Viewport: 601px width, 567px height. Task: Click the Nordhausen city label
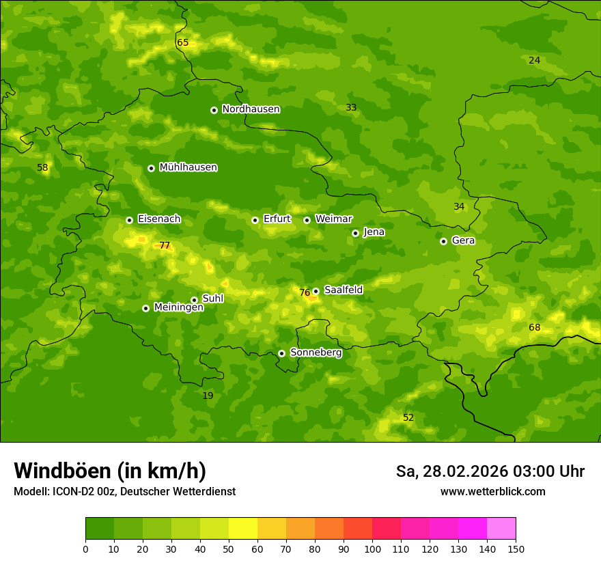tap(251, 109)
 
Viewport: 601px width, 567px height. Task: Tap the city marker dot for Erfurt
tap(255, 220)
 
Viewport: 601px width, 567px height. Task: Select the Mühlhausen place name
tap(188, 167)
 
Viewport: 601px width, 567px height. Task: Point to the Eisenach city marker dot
tap(129, 220)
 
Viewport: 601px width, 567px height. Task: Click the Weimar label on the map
tap(333, 219)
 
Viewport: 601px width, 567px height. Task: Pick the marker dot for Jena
tap(355, 233)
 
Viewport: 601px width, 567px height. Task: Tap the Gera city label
tap(463, 240)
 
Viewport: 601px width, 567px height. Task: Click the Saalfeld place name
tap(343, 290)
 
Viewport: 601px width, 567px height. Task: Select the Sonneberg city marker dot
tap(281, 353)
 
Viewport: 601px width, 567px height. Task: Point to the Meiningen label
tap(178, 307)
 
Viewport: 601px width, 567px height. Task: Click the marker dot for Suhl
tap(194, 300)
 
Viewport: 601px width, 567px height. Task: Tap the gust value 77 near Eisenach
tap(165, 246)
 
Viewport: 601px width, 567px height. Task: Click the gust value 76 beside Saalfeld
tap(305, 293)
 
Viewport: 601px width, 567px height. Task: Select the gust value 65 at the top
tap(182, 43)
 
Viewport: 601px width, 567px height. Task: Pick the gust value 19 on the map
tap(208, 396)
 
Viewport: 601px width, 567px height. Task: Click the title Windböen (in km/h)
tap(110, 471)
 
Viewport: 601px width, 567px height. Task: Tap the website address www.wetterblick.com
tap(492, 492)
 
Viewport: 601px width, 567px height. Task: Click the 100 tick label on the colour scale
tap(372, 549)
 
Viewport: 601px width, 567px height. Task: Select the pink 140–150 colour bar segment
tap(501, 529)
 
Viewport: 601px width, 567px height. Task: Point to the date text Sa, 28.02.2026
tap(452, 471)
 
